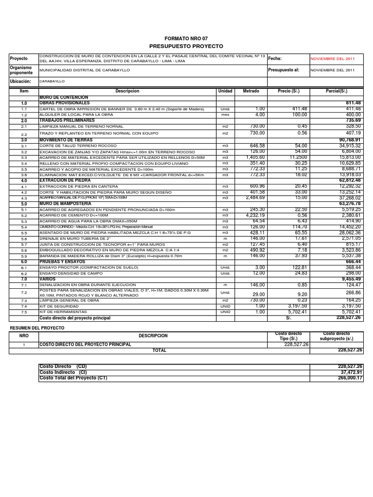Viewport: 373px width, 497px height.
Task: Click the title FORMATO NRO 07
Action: [x=186, y=38]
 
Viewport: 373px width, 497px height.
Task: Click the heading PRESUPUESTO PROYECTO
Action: [x=186, y=46]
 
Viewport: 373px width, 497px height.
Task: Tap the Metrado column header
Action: [x=251, y=91]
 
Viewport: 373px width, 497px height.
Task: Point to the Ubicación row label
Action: [x=20, y=82]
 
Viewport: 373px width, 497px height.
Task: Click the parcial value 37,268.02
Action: [x=347, y=198]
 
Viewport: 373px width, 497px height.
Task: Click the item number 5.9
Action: [x=24, y=256]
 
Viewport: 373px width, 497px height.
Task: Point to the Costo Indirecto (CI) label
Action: [x=63, y=372]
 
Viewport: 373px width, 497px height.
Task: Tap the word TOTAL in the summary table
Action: [x=159, y=349]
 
